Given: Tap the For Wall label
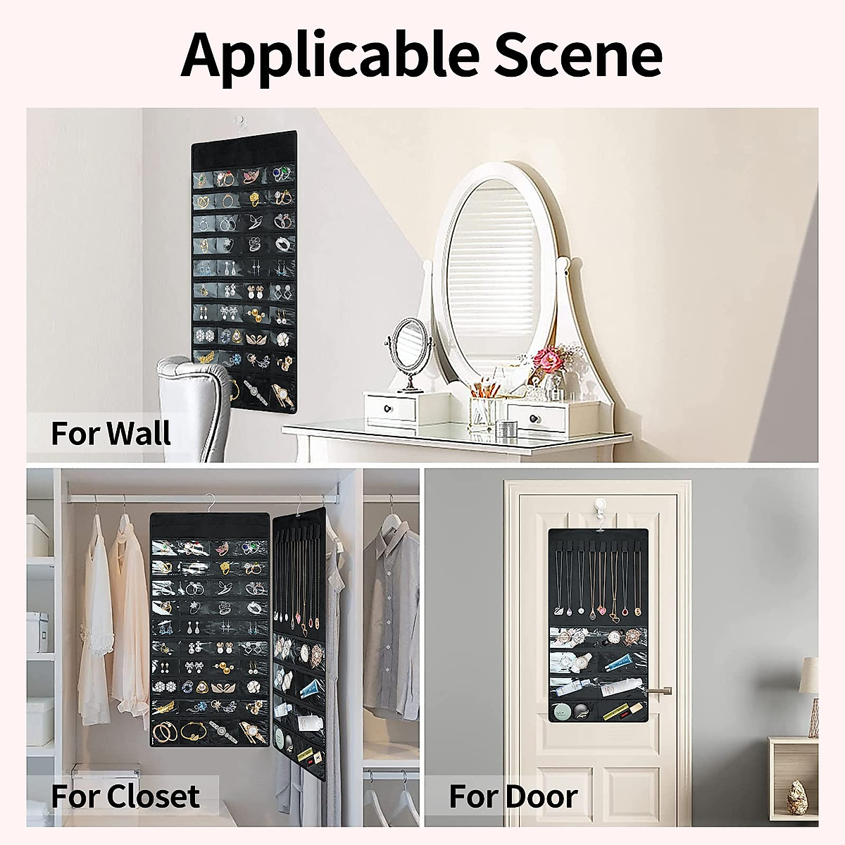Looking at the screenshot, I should pyautogui.click(x=111, y=432).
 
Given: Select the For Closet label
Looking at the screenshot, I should pyautogui.click(x=125, y=796).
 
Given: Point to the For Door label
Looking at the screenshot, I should pyautogui.click(x=513, y=796).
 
